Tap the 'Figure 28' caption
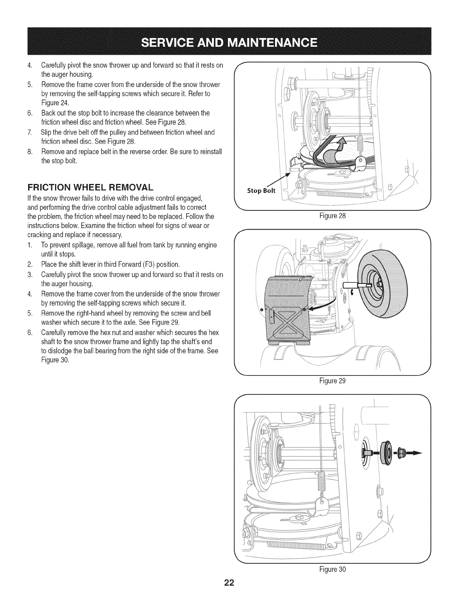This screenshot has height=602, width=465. point(333,216)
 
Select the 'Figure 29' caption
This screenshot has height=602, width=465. point(333,380)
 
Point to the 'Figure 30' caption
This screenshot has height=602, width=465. point(333,569)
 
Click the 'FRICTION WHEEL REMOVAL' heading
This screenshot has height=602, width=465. point(90,187)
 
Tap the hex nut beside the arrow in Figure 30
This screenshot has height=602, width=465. point(401,453)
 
